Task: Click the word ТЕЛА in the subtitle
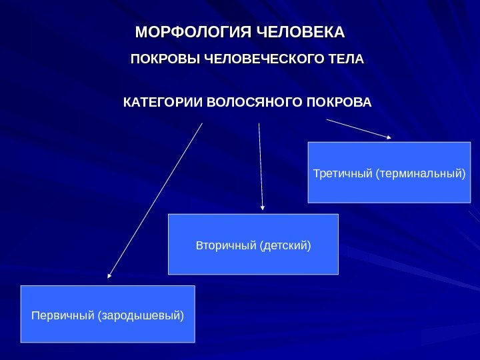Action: [348, 60]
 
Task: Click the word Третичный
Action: [342, 174]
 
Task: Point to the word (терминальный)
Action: [419, 174]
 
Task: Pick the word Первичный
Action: [63, 314]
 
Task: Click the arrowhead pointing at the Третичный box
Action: [389, 137]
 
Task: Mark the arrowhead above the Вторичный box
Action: [263, 208]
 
